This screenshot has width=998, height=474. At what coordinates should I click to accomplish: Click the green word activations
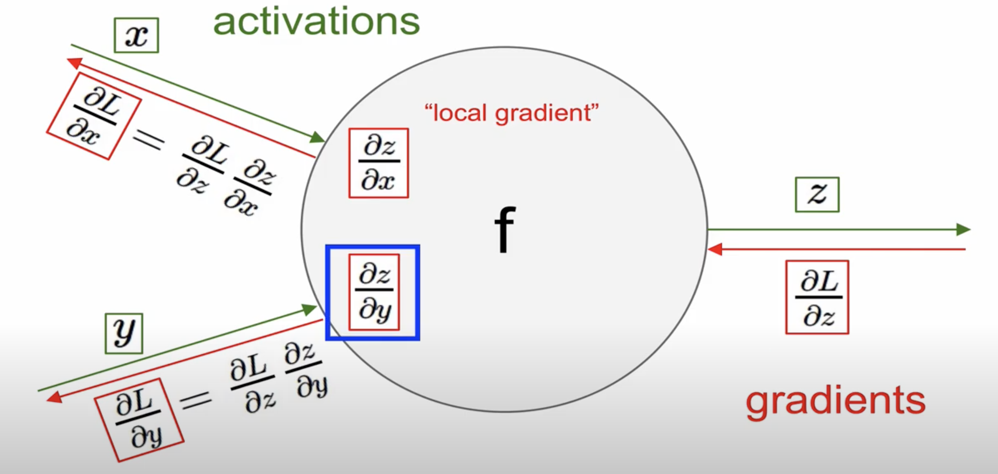click(316, 22)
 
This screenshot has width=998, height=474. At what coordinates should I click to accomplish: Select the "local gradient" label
click(511, 113)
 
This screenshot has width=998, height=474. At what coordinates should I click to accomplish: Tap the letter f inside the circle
click(504, 229)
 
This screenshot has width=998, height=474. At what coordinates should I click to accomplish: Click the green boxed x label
click(136, 35)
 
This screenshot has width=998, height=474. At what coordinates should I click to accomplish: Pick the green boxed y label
click(124, 333)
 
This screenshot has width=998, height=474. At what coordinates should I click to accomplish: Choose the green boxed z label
click(817, 194)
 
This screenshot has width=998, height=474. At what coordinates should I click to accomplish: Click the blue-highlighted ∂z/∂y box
click(373, 292)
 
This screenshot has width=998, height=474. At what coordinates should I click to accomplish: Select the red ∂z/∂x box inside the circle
click(379, 163)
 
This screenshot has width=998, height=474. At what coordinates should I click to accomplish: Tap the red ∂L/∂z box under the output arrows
click(817, 297)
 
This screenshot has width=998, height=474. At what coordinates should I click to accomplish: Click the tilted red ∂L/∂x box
click(94, 116)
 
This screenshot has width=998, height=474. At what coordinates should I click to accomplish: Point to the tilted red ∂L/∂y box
click(139, 420)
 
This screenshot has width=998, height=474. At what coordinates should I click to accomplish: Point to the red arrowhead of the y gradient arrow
click(54, 397)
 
